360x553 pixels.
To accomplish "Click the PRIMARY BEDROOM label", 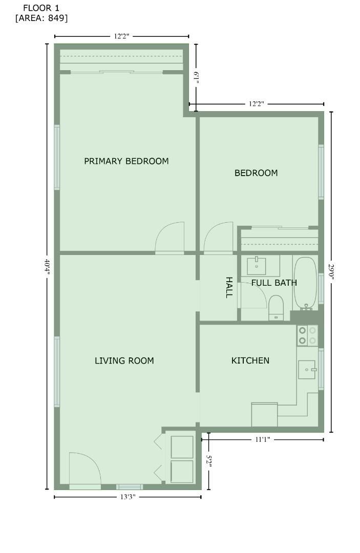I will [126, 161].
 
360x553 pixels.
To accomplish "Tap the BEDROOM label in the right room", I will [256, 173].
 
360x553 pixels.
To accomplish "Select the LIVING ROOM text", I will [124, 361].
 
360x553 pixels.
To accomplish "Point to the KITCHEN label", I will [250, 360].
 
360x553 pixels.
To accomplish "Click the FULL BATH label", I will [274, 283].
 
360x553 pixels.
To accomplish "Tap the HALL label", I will [229, 287].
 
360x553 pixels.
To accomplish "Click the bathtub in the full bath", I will [305, 282].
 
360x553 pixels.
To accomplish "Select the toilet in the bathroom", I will [276, 308].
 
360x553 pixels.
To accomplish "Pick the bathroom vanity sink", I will [256, 266].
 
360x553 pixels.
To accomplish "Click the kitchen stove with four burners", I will [307, 335].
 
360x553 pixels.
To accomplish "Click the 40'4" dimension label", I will [47, 266].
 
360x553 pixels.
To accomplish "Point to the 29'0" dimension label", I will [331, 271].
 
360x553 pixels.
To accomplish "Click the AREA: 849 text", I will [41, 18].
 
